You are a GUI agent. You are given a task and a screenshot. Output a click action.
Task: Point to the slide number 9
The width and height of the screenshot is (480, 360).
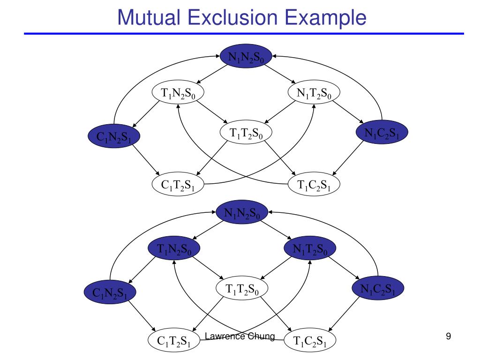(x=449, y=336)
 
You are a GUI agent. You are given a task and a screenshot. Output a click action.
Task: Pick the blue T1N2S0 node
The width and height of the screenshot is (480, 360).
(x=174, y=249)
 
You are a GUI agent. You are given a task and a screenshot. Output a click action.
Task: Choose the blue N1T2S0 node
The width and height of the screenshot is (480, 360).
(x=310, y=249)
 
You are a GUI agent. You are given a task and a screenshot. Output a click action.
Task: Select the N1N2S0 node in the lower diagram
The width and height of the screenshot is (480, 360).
(x=241, y=213)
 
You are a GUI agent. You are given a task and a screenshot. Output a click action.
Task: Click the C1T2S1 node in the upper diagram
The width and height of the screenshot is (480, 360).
(x=177, y=184)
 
